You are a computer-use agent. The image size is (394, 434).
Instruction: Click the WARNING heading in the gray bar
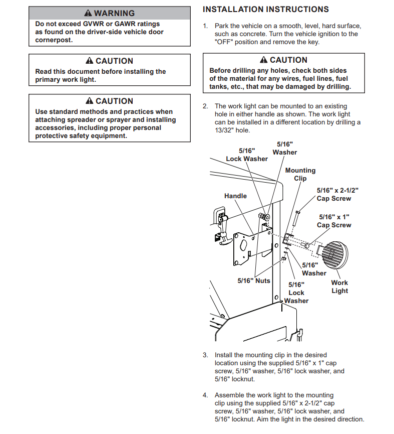pos(114,13)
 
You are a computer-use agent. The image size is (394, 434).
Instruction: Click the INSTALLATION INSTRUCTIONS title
pos(265,10)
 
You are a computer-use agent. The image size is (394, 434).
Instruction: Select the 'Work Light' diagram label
pos(339,286)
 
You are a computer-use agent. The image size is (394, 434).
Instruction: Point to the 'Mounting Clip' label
pos(300,174)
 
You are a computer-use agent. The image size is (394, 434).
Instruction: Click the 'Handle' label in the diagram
pos(235,196)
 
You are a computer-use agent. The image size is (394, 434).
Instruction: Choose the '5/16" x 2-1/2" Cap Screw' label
pos(337,194)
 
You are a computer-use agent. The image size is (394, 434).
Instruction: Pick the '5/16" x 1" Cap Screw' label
pos(335,221)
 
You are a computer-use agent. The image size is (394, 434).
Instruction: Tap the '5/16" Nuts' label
pos(254,280)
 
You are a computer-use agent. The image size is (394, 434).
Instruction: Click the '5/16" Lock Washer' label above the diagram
pos(247,155)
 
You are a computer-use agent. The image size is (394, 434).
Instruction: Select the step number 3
pos(205,355)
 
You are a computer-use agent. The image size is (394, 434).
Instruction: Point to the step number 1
pos(205,26)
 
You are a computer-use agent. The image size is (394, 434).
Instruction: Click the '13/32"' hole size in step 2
pos(223,130)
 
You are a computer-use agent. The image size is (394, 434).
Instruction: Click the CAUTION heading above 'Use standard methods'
pos(114,101)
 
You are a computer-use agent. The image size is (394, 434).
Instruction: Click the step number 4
pos(205,395)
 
